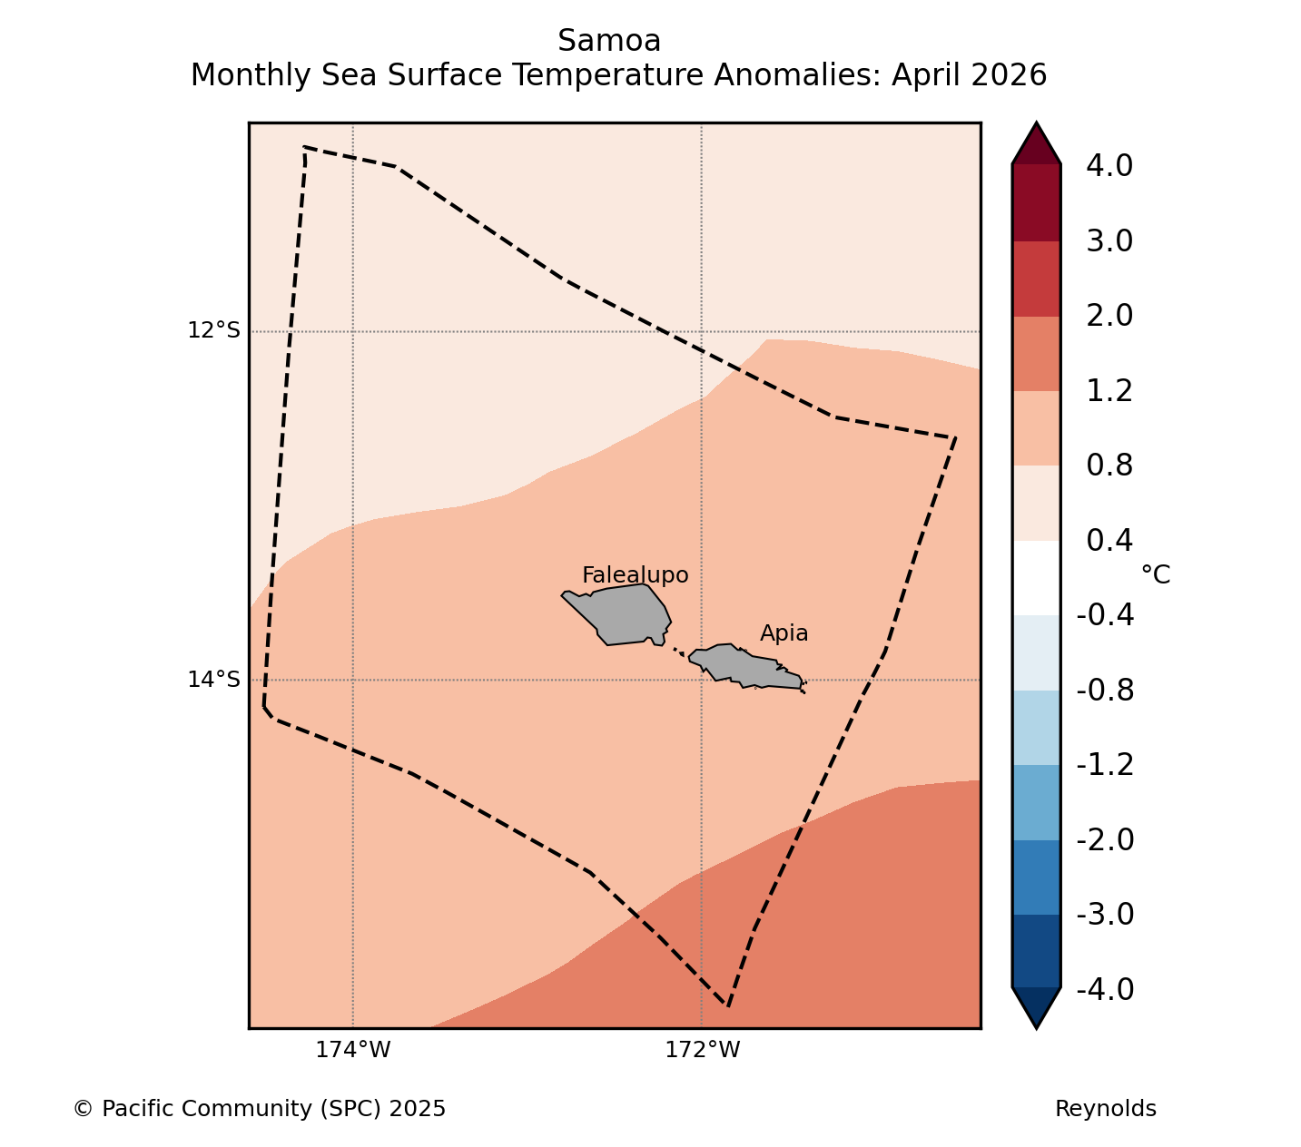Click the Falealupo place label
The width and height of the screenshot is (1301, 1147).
pyautogui.click(x=635, y=575)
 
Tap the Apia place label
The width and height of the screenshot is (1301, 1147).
pyautogui.click(x=784, y=633)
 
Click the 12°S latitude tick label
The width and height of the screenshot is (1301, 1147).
pyautogui.click(x=213, y=330)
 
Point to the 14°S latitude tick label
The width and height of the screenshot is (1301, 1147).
pyautogui.click(x=213, y=679)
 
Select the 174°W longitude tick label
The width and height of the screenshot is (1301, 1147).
pyautogui.click(x=352, y=1050)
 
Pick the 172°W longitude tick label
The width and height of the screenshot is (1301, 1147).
pyautogui.click(x=702, y=1050)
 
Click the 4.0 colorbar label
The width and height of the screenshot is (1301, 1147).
pyautogui.click(x=1109, y=165)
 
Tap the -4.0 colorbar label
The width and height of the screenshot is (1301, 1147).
pyautogui.click(x=1105, y=989)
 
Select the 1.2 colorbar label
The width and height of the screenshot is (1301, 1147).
pyautogui.click(x=1109, y=391)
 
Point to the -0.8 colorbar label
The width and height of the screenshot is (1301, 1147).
pyautogui.click(x=1105, y=691)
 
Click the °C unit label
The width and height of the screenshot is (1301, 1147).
pyautogui.click(x=1155, y=575)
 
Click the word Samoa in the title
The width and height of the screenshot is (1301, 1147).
pyautogui.click(x=609, y=41)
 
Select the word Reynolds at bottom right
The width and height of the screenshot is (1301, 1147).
pyautogui.click(x=1105, y=1109)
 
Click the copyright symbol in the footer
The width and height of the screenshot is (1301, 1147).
pyautogui.click(x=83, y=1109)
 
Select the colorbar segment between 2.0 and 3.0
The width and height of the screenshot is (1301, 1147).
pyautogui.click(x=1036, y=279)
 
